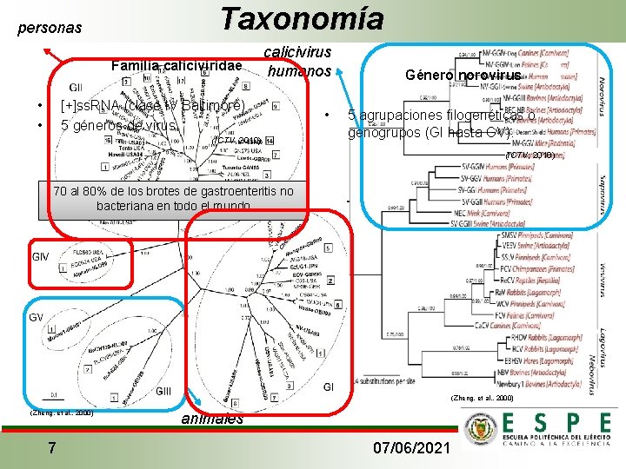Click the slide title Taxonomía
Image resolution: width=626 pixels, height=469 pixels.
pyautogui.click(x=301, y=19)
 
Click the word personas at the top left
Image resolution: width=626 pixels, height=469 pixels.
pyautogui.click(x=50, y=28)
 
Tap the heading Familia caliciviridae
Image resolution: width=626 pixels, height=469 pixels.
pyautogui.click(x=176, y=66)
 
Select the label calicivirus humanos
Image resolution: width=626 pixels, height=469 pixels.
pyautogui.click(x=300, y=63)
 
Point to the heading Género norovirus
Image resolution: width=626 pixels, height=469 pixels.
pyautogui.click(x=463, y=76)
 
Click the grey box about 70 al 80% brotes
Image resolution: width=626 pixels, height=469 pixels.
pyautogui.click(x=174, y=198)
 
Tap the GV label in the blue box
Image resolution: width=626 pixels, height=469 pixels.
pyautogui.click(x=37, y=317)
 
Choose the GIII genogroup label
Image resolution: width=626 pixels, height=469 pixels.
pyautogui.click(x=164, y=392)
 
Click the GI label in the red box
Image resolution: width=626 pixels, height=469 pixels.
pyautogui.click(x=330, y=386)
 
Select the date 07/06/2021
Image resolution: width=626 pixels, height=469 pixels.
pyautogui.click(x=410, y=448)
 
